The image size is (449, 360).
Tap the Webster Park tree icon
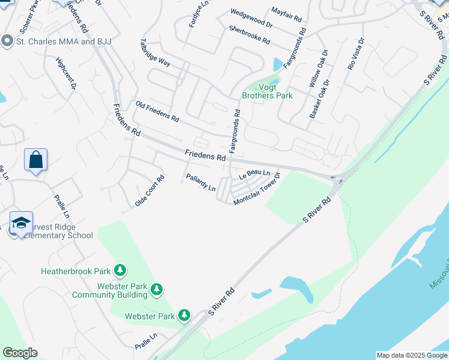(184, 315)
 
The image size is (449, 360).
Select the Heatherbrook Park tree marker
(121, 271)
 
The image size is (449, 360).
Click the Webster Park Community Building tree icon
(157, 290)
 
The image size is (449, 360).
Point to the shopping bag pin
(36, 160)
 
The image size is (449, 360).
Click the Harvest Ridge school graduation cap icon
(21, 223)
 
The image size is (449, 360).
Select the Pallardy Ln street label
(200, 183)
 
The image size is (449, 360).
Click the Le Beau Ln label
(255, 175)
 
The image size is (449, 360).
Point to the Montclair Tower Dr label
(257, 189)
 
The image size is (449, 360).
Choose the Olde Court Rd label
(149, 191)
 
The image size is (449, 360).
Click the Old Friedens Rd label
(157, 112)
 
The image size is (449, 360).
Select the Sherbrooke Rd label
(250, 35)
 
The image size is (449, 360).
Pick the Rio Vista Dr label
(356, 55)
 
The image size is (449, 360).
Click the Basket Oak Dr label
(319, 98)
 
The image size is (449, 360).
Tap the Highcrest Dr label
(66, 74)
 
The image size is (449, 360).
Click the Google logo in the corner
(20, 353)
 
